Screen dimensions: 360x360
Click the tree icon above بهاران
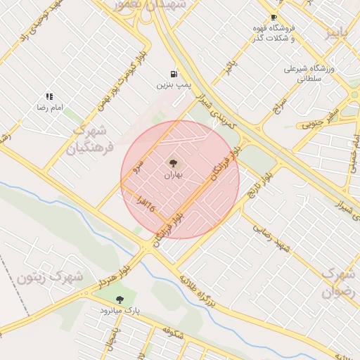(x=173, y=163)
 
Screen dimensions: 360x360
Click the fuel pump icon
(x=173, y=74)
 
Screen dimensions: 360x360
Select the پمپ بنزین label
(x=174, y=84)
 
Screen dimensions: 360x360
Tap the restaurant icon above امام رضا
(x=49, y=96)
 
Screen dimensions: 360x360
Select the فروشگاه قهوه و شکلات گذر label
(x=274, y=32)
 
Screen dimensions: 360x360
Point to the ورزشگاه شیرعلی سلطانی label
(x=311, y=74)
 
